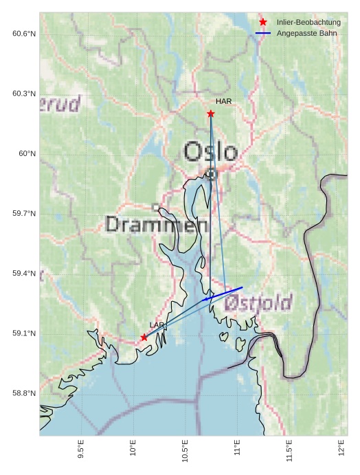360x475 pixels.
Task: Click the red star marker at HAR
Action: coord(211,113)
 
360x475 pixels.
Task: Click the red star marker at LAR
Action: coord(144,337)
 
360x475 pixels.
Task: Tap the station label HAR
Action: coord(223,102)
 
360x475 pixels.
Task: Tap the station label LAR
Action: coord(157,324)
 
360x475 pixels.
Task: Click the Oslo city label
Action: coord(210,152)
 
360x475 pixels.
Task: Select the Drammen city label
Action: coord(157,225)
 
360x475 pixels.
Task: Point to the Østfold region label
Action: coord(258,302)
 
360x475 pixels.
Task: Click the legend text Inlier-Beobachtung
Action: coord(308,23)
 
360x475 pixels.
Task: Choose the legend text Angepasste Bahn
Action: coord(306,33)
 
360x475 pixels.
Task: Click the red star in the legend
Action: coord(263,23)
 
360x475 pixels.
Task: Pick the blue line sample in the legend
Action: coord(263,33)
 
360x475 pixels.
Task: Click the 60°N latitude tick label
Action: coord(27,154)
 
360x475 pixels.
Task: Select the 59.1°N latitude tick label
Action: coord(23,333)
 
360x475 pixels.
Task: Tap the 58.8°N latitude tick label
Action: coord(23,393)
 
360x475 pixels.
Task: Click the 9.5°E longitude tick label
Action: coord(81,449)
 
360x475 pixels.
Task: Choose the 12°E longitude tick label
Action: coord(342,450)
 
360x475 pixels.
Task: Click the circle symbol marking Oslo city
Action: coord(212,175)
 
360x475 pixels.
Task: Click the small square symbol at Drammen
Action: coord(156,207)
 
